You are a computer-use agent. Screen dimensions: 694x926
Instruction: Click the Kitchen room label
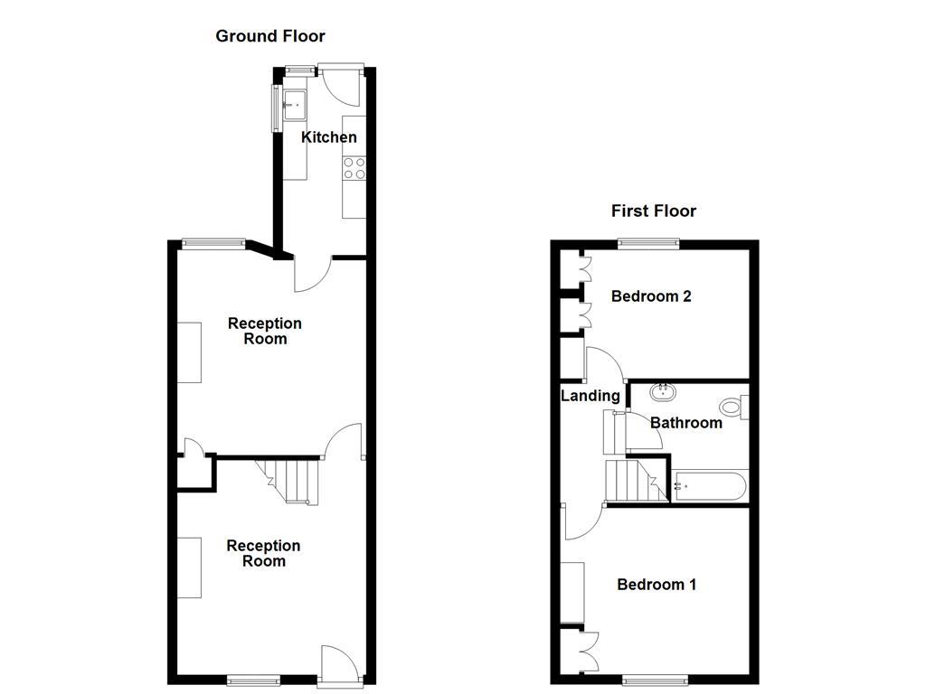tap(328, 137)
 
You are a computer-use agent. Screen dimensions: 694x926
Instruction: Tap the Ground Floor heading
tap(269, 36)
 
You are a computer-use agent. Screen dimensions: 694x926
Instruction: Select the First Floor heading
tap(653, 211)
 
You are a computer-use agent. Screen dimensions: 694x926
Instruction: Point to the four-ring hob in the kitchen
tap(354, 167)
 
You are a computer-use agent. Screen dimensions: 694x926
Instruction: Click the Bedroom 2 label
tap(651, 295)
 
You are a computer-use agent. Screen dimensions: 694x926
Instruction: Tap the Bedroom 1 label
tap(657, 584)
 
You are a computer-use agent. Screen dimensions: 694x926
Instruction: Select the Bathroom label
tap(685, 422)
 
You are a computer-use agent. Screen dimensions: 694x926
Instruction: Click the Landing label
tap(591, 395)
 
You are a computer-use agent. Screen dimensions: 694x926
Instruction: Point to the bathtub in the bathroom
tap(709, 486)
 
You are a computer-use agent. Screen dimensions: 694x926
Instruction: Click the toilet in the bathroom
tap(733, 408)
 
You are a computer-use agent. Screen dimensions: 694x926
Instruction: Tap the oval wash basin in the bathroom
tap(664, 392)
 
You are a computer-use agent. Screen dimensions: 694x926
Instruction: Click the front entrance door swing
tap(339, 661)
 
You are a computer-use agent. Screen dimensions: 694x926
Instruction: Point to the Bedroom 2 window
tap(648, 242)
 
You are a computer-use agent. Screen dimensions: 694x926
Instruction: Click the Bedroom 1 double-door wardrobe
tap(574, 649)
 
